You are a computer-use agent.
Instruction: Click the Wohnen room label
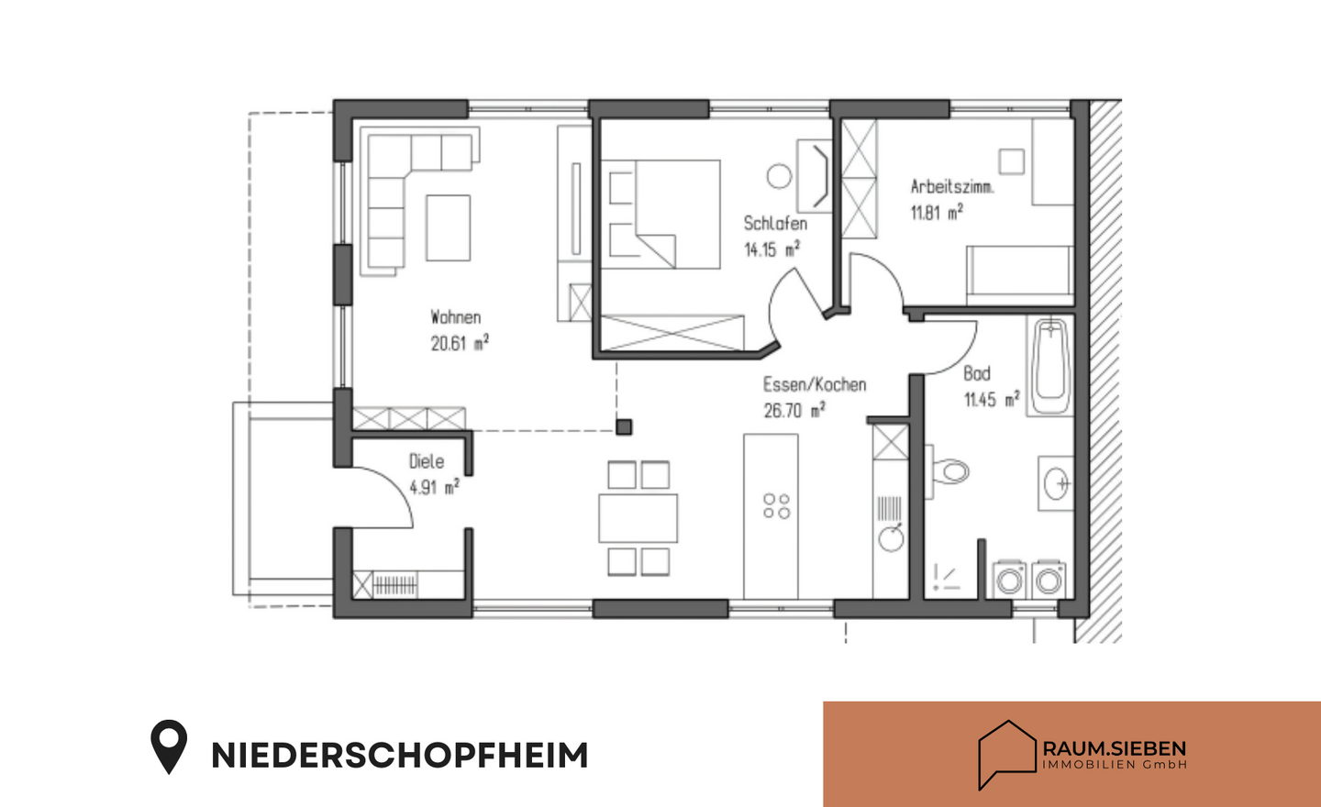tap(456, 317)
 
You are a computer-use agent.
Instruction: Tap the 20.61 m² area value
tap(460, 343)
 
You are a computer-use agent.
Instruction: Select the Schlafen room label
tap(775, 223)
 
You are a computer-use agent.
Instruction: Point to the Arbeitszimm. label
tap(951, 186)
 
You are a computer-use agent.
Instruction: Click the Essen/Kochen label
tap(815, 384)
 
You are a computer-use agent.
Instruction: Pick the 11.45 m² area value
tap(991, 400)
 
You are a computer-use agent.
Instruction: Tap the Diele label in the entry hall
tap(427, 461)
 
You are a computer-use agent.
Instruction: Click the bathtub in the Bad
tap(1049, 367)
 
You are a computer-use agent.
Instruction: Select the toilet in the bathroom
tap(949, 472)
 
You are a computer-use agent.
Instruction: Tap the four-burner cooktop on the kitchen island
tap(777, 506)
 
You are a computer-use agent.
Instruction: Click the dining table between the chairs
tap(638, 518)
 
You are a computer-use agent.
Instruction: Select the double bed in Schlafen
tap(660, 215)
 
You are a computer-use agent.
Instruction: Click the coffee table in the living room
tap(448, 227)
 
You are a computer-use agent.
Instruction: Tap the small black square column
tap(624, 426)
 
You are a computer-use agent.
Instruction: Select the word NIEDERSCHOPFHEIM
tap(399, 756)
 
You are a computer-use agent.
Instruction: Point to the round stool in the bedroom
tap(779, 176)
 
